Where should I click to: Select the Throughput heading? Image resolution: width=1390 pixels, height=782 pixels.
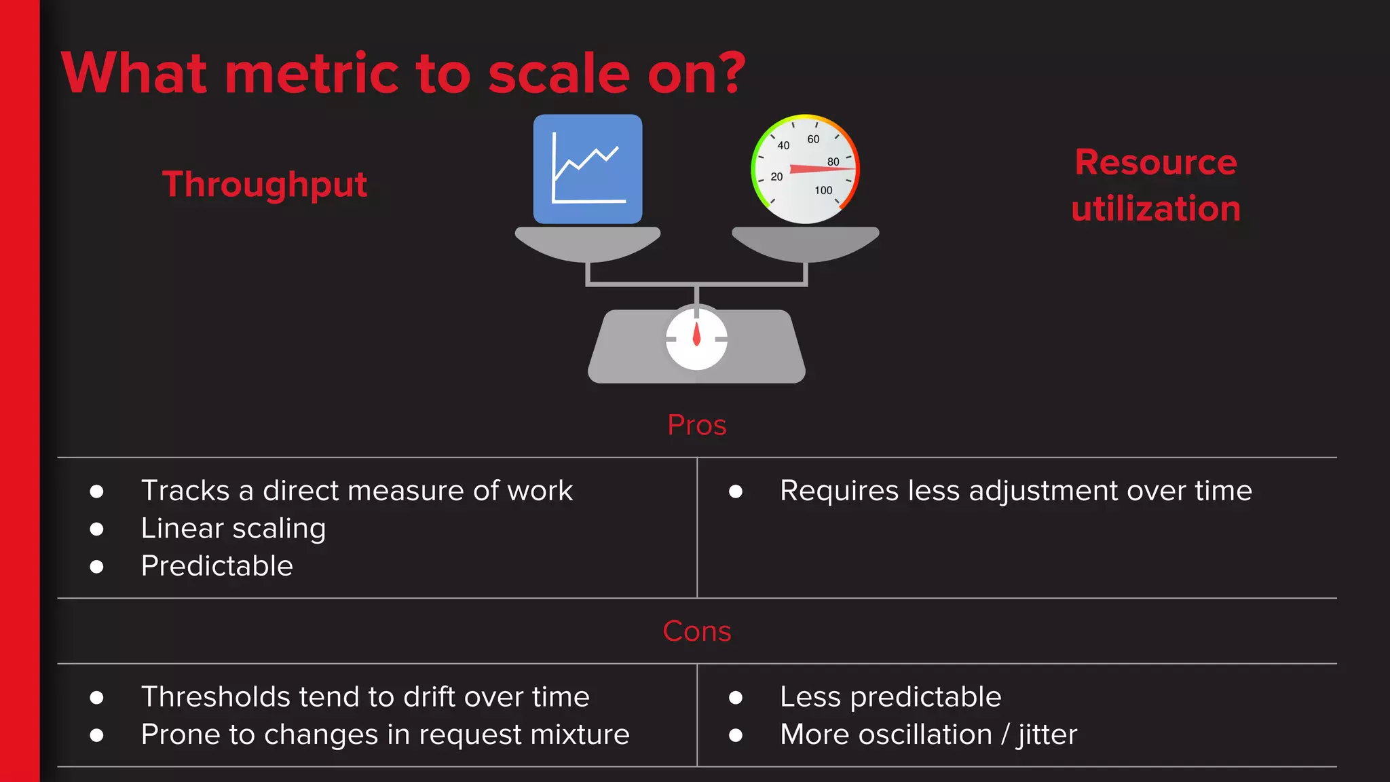(265, 185)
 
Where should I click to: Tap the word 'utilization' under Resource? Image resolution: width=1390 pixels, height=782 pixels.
(1156, 208)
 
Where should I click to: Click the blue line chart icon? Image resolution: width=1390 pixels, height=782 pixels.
(588, 169)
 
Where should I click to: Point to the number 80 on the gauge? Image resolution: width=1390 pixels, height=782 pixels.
(833, 162)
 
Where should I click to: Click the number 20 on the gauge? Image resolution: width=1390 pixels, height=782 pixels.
(776, 176)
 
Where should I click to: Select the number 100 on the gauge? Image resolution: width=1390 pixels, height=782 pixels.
(823, 190)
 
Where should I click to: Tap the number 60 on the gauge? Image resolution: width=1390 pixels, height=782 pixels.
(813, 139)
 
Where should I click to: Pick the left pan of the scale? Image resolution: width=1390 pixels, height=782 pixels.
(588, 243)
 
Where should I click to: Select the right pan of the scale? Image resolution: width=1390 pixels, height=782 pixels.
(806, 243)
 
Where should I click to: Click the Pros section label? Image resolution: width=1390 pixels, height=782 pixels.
(696, 426)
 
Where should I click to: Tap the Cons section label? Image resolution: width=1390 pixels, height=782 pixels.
(696, 631)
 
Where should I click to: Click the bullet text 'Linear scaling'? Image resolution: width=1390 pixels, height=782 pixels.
(233, 528)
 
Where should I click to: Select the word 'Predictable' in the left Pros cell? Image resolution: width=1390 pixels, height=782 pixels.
(217, 565)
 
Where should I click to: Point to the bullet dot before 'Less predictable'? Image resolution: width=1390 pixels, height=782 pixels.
(736, 697)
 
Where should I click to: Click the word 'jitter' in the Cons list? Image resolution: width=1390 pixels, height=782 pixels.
(1047, 734)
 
